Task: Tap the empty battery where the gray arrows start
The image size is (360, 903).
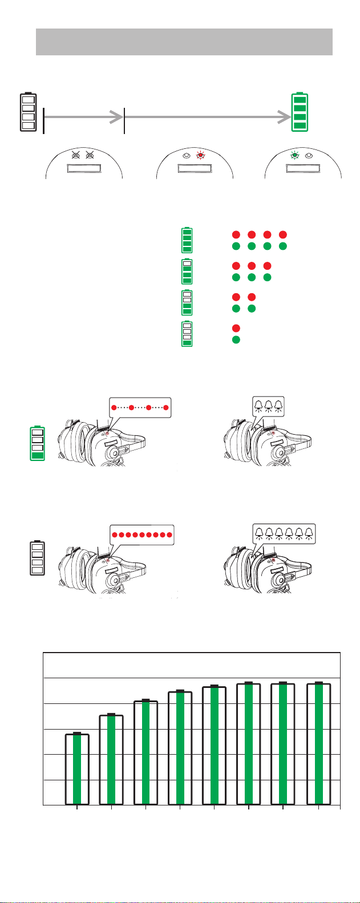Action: pos(28,111)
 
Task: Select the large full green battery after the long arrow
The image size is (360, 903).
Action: pos(300,111)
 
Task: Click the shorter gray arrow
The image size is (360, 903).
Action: pos(83,118)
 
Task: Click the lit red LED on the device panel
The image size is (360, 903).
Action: pos(200,155)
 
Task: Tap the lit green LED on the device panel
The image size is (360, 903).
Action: pos(295,155)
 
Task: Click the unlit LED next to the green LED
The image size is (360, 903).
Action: pos(309,155)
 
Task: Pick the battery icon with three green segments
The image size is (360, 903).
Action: pos(187,271)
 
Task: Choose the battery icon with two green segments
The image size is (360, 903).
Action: pos(187,302)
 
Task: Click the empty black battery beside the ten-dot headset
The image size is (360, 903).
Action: pos(38,558)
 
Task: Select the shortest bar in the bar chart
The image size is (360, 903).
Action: pos(77,768)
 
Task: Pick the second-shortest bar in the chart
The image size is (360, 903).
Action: pos(111,759)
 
